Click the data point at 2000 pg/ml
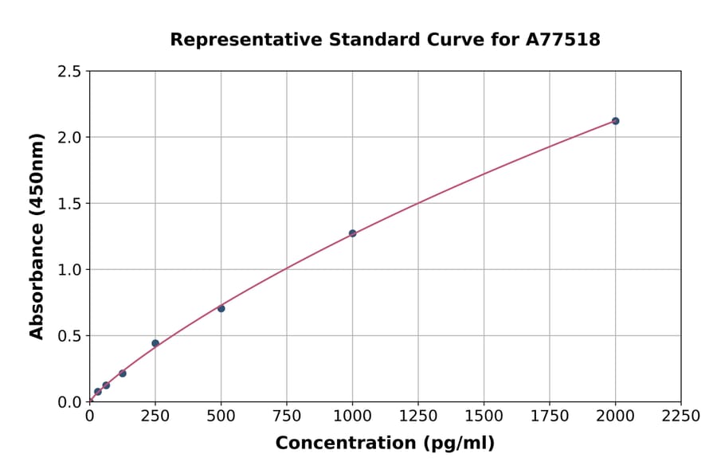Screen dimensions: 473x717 coord(615,121)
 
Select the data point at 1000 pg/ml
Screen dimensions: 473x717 coord(352,233)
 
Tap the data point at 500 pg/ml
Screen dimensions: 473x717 coord(221,308)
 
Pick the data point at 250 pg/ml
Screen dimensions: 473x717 coord(155,343)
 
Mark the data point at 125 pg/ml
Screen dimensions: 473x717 coord(122,373)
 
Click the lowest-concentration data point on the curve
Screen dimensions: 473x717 coord(97,392)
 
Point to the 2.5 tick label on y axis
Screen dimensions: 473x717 coord(70,72)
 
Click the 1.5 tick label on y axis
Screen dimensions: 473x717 coord(70,204)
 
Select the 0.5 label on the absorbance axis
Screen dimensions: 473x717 coord(70,336)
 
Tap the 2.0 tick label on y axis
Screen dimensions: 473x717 coord(70,138)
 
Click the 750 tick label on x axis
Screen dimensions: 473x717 coord(287,416)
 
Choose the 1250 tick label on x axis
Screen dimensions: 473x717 coord(418,416)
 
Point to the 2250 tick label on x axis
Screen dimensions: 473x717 coord(681,416)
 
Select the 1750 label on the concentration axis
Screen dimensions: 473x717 coord(550,416)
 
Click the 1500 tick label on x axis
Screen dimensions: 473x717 coord(484,416)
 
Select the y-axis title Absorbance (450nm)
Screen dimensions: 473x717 coord(37,236)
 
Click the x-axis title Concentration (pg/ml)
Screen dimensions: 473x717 coord(385,444)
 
